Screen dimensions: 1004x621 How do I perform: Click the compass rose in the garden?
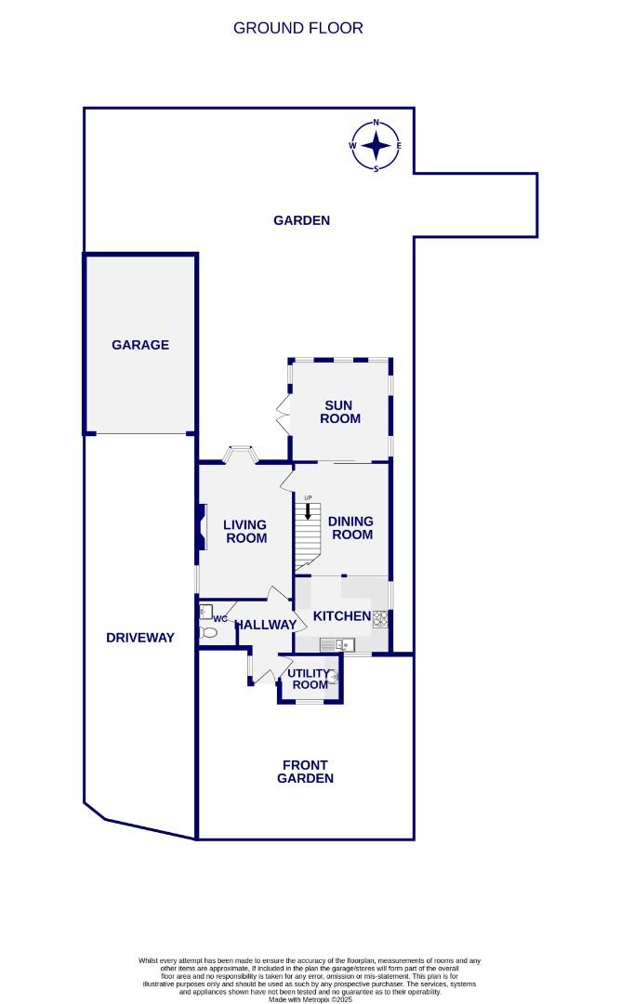pos(376,146)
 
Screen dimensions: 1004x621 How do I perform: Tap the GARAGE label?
pos(140,345)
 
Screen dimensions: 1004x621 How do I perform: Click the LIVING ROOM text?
pos(245,531)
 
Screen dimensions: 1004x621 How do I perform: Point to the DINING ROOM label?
pos(350,528)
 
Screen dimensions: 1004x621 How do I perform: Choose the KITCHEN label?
pos(341,616)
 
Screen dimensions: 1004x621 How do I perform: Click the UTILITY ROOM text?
pos(309,679)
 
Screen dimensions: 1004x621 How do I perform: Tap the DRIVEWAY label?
pos(139,638)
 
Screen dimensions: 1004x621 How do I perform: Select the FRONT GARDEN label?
pos(305,772)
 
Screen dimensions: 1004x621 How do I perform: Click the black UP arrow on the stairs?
pos(308,511)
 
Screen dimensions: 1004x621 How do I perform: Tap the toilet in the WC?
pos(209,633)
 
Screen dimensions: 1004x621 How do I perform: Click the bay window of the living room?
pos(241,454)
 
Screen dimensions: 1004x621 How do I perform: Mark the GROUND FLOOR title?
pos(297,28)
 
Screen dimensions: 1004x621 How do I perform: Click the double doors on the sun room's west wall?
pos(285,411)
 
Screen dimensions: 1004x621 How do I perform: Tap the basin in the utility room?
pos(332,678)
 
